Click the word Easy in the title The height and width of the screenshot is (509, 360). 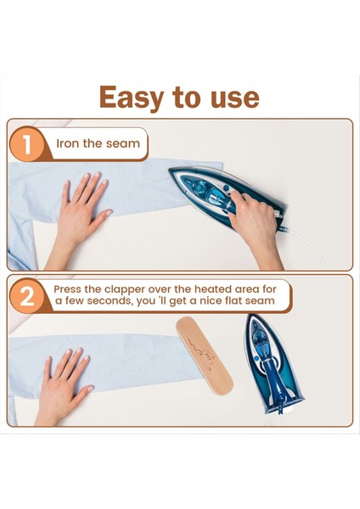[133, 98]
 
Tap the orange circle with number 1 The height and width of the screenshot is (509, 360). [28, 144]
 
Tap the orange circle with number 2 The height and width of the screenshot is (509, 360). [28, 297]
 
